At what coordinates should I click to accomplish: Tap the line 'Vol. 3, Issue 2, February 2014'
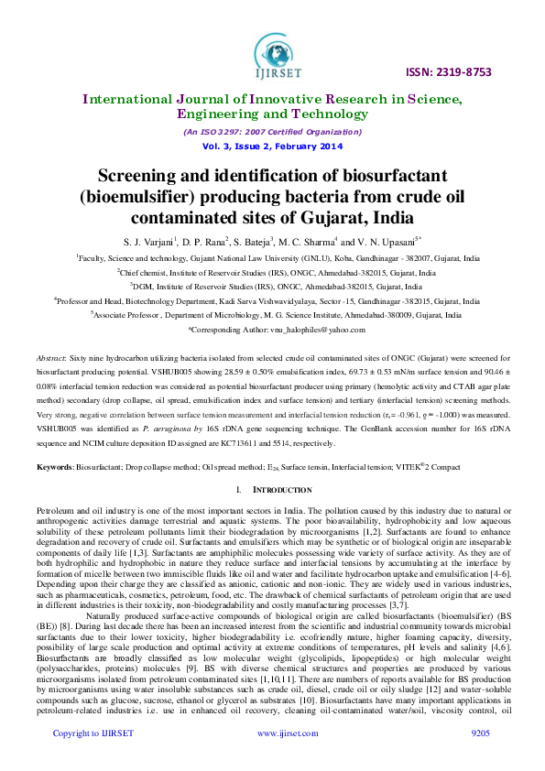[x=272, y=147]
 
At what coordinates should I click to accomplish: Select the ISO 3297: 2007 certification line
[x=272, y=133]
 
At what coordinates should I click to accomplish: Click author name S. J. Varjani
[x=147, y=242]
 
